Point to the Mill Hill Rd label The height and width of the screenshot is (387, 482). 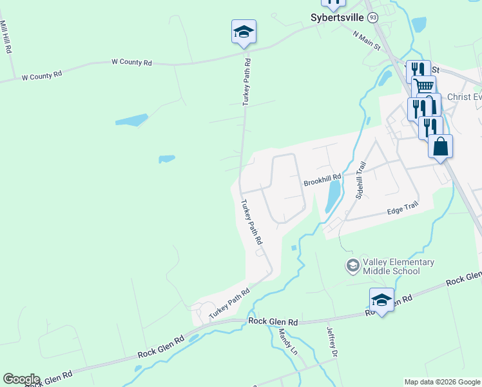pyautogui.click(x=8, y=37)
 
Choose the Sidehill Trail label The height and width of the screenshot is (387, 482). pyautogui.click(x=361, y=180)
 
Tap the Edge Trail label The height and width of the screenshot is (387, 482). pyautogui.click(x=403, y=210)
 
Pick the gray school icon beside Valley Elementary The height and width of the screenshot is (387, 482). pyautogui.click(x=352, y=265)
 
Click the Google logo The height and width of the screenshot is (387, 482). pyautogui.click(x=21, y=379)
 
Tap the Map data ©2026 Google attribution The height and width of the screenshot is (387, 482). pyautogui.click(x=442, y=382)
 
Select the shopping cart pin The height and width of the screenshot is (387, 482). pyautogui.click(x=423, y=86)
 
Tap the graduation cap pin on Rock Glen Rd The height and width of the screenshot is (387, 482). pyautogui.click(x=381, y=299)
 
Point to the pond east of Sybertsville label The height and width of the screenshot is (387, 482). pyautogui.click(x=419, y=25)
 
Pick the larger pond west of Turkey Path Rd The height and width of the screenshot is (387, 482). pyautogui.click(x=131, y=120)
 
